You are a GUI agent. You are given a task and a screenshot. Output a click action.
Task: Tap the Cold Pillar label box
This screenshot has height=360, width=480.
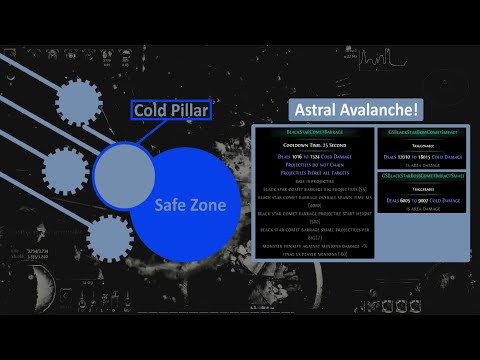pyautogui.click(x=171, y=110)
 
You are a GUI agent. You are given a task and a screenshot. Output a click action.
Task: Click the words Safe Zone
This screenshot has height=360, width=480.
pyautogui.click(x=189, y=205)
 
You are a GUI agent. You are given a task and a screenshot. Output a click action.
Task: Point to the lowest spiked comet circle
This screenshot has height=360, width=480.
pyautogui.click(x=109, y=237)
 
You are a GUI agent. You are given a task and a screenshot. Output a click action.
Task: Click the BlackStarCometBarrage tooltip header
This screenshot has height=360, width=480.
pyautogui.click(x=314, y=132)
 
